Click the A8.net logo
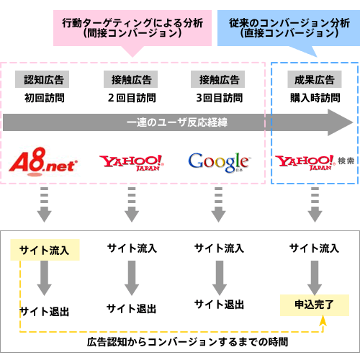(x=43, y=161)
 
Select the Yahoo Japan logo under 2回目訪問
(x=132, y=163)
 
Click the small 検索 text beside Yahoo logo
(x=346, y=161)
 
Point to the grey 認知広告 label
(x=42, y=79)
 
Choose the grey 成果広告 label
(x=315, y=79)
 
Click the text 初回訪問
(x=45, y=98)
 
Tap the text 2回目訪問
(x=132, y=98)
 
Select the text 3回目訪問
(x=220, y=98)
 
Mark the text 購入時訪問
(x=315, y=98)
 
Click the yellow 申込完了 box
(x=315, y=305)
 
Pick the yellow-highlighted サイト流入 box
(x=45, y=250)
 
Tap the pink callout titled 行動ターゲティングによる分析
(x=132, y=28)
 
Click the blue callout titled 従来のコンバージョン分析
(x=289, y=28)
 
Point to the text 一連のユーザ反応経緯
(x=177, y=122)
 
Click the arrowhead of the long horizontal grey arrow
(x=341, y=122)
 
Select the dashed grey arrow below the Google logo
(x=218, y=204)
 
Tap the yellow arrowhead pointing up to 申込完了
(x=323, y=320)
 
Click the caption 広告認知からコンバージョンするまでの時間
(x=187, y=342)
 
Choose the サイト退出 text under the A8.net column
(x=45, y=311)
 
